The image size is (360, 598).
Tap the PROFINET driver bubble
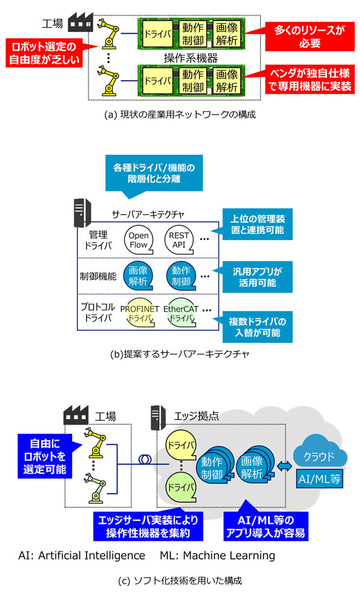140,313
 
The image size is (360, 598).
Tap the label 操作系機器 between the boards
190,58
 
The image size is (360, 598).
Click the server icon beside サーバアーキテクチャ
82,214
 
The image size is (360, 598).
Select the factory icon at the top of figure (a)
80,22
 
